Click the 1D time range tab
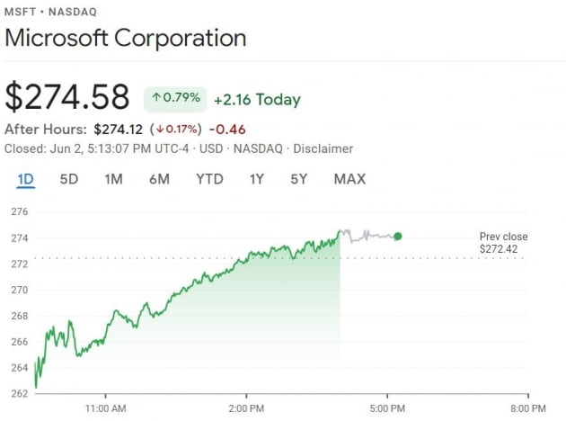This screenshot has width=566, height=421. [x=25, y=179]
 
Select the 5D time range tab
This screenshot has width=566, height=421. [x=69, y=179]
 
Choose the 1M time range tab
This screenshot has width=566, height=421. [x=113, y=179]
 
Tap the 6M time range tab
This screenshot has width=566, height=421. [x=159, y=179]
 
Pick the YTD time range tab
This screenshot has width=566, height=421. [x=209, y=179]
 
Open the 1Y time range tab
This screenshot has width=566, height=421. [x=257, y=179]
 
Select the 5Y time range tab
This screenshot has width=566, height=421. [x=299, y=179]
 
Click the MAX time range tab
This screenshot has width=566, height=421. [x=349, y=179]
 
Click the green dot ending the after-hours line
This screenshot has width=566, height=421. [x=398, y=237]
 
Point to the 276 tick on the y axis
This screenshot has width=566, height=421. [x=19, y=212]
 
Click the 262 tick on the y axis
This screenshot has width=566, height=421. [x=19, y=394]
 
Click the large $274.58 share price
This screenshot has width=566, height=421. [x=67, y=97]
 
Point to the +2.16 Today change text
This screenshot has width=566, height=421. [x=257, y=99]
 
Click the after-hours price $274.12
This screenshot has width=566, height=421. [x=119, y=130]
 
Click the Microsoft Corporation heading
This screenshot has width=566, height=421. [x=126, y=39]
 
